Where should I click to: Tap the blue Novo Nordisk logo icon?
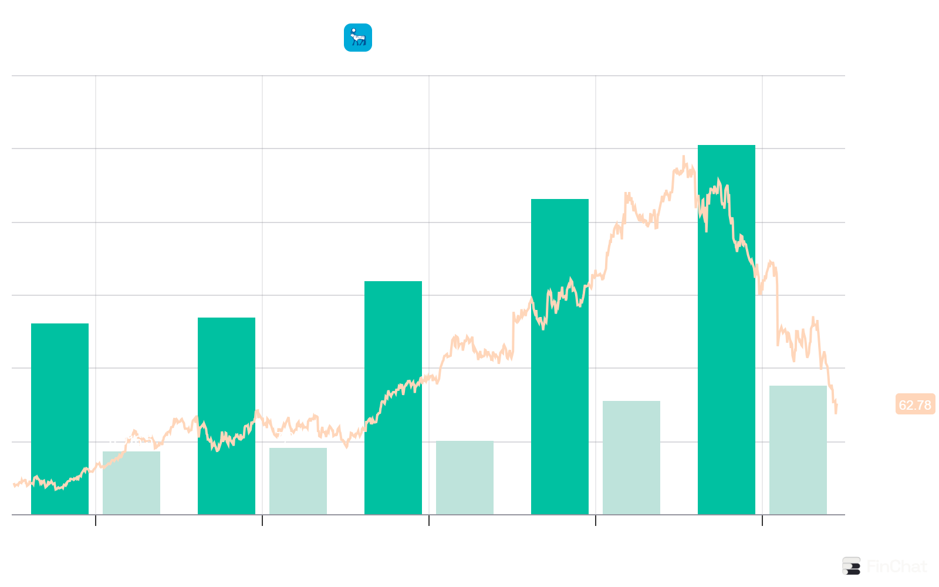[357, 38]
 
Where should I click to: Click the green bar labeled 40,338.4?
[726, 329]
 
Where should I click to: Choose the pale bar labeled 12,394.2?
[631, 457]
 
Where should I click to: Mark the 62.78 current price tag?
[915, 405]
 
